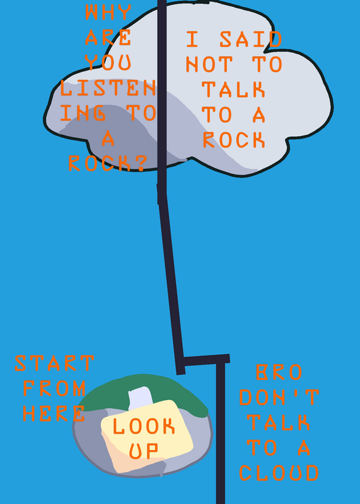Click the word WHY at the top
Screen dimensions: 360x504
click(x=108, y=12)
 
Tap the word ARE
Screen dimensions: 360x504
click(x=108, y=37)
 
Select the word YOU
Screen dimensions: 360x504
click(x=108, y=62)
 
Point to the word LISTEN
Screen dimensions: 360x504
click(x=108, y=88)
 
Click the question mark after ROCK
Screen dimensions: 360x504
click(x=140, y=163)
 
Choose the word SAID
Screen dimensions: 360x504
click(x=251, y=39)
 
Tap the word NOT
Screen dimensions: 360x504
click(x=209, y=64)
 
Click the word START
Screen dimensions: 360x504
click(x=54, y=363)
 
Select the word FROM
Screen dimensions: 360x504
click(x=54, y=388)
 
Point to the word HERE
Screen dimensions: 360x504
click(x=54, y=413)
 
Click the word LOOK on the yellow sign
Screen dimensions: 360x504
click(x=144, y=426)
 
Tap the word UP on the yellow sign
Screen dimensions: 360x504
click(x=144, y=451)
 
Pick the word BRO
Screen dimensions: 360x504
click(x=279, y=372)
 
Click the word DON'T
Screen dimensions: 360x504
click(x=279, y=398)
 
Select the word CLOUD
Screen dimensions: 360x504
click(x=279, y=473)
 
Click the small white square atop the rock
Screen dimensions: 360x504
click(x=140, y=398)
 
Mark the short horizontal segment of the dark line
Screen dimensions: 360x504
click(x=206, y=360)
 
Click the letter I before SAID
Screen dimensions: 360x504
click(x=192, y=39)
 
